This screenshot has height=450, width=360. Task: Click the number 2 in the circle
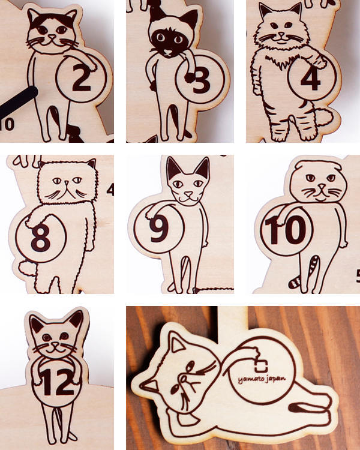(x=82, y=78)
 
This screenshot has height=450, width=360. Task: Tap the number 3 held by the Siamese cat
(x=202, y=81)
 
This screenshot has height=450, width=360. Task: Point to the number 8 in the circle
(x=40, y=238)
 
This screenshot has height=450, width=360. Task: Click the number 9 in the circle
(x=159, y=228)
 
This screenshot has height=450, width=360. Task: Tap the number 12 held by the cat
(x=57, y=382)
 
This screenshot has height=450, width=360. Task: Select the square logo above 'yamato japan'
(x=261, y=365)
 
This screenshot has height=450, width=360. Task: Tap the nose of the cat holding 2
(x=52, y=37)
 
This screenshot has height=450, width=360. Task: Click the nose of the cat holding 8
(x=67, y=182)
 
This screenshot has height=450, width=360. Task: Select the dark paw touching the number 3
(x=190, y=77)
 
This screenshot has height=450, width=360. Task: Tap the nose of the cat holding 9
(x=188, y=194)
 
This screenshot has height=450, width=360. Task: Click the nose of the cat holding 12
(x=55, y=343)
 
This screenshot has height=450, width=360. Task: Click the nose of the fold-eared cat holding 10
(x=322, y=187)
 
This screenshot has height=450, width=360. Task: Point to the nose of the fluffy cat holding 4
(x=281, y=34)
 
